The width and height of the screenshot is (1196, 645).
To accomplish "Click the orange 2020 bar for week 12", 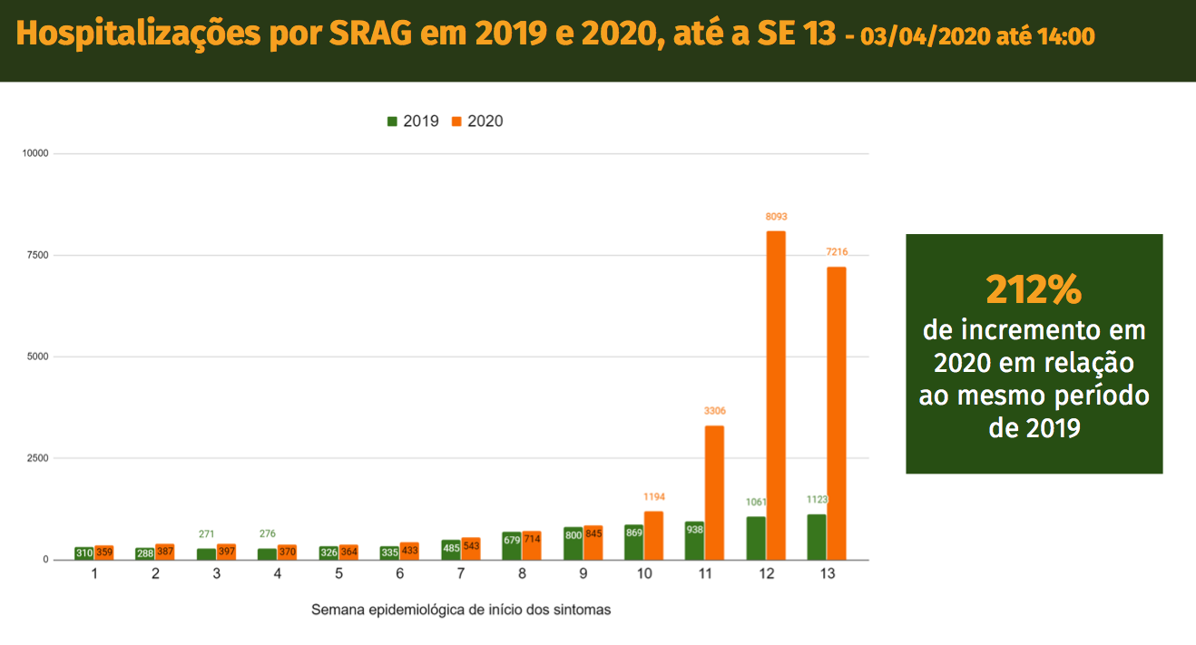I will (776, 395).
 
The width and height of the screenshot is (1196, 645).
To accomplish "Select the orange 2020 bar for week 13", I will (836, 413).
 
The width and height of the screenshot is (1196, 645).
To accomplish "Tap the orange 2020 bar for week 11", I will (714, 492).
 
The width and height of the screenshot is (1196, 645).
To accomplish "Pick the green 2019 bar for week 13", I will (817, 536).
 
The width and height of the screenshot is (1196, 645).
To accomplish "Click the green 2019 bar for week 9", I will (573, 542).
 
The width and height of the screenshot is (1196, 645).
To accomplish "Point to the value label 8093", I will (776, 217).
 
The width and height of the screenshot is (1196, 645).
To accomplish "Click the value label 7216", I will (836, 252).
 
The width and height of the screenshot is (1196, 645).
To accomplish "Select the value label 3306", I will (714, 411).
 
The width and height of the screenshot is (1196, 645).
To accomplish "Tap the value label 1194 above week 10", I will (653, 497).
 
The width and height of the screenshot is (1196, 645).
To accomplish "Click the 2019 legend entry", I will (414, 122).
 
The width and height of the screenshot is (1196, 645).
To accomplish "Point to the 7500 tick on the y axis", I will (37, 255).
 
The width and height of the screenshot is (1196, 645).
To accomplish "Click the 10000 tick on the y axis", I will (35, 153).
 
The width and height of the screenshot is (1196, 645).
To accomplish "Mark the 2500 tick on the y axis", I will (37, 458).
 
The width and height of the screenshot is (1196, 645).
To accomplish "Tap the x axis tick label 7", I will (460, 574).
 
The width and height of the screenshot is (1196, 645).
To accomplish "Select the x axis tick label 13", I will (827, 574).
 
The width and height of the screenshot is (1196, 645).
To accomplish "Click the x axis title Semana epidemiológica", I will (461, 610).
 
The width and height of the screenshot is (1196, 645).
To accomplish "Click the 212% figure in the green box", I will (1034, 290).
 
